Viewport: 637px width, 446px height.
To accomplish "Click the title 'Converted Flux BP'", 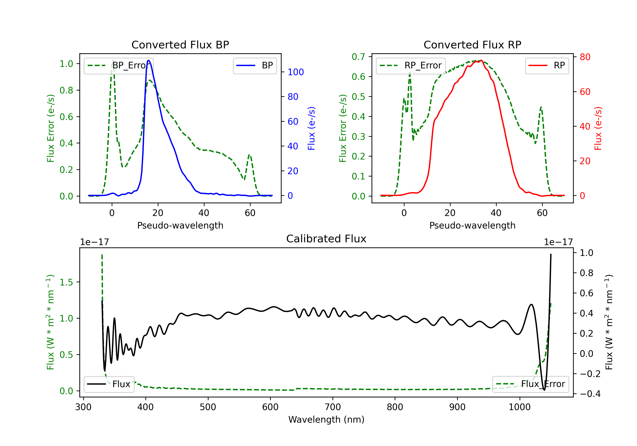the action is pyautogui.click(x=180, y=45).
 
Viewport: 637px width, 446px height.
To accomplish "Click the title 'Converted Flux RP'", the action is pyautogui.click(x=472, y=45).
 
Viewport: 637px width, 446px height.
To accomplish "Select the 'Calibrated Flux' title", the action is pyautogui.click(x=326, y=239).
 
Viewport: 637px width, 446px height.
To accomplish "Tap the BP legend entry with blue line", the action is pyautogui.click(x=255, y=65).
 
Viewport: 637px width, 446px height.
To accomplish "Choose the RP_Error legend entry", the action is pyautogui.click(x=411, y=65).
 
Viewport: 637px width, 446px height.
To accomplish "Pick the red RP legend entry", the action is pyautogui.click(x=547, y=65).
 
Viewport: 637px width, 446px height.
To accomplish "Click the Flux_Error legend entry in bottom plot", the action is pyautogui.click(x=530, y=384).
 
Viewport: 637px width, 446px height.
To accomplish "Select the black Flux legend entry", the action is pyautogui.click(x=109, y=384).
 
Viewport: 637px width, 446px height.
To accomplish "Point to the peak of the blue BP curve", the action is pyautogui.click(x=149, y=60).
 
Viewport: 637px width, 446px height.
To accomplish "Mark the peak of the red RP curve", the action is pyautogui.click(x=481, y=61).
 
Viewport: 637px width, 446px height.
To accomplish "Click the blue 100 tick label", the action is pyautogui.click(x=296, y=72).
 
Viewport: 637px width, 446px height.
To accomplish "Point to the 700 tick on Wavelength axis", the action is pyautogui.click(x=333, y=407).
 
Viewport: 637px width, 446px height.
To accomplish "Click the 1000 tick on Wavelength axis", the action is pyautogui.click(x=520, y=407).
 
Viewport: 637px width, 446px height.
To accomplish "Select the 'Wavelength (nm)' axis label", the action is pyautogui.click(x=326, y=419).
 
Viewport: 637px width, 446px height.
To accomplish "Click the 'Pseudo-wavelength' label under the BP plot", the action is pyautogui.click(x=180, y=225).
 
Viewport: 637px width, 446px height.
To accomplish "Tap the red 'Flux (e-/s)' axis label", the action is pyautogui.click(x=598, y=128).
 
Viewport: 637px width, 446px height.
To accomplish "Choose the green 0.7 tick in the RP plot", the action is pyautogui.click(x=358, y=57).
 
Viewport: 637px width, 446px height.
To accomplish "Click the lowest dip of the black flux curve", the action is pyautogui.click(x=544, y=390).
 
